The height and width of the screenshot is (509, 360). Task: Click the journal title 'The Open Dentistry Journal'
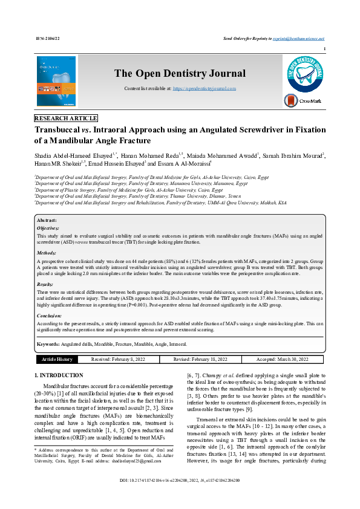click(180, 74)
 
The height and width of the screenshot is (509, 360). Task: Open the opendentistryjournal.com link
click(204, 88)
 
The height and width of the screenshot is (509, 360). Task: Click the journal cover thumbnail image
click(56, 82)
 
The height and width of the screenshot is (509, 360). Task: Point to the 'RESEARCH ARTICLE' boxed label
click(66, 118)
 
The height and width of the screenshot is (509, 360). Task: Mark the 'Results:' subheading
click(45, 284)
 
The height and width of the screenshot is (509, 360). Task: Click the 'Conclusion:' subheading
click(49, 316)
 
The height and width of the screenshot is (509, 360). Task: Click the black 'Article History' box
click(57, 359)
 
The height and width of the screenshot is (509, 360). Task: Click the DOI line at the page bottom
click(180, 497)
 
